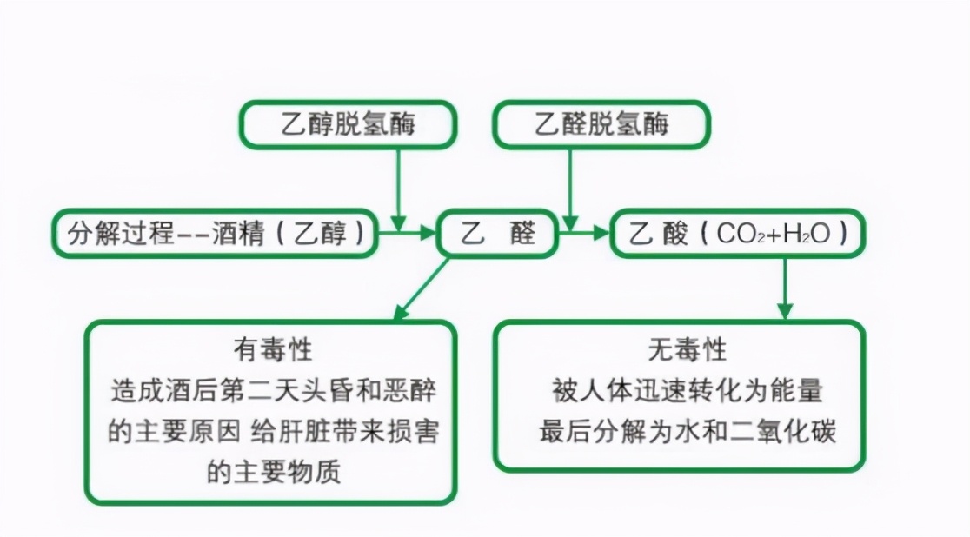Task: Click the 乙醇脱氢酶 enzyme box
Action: click(348, 123)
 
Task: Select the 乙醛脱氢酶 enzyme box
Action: click(601, 123)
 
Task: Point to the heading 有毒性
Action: click(271, 349)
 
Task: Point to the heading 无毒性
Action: click(687, 349)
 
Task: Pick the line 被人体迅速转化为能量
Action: click(687, 390)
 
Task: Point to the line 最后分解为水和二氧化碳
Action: click(687, 432)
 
